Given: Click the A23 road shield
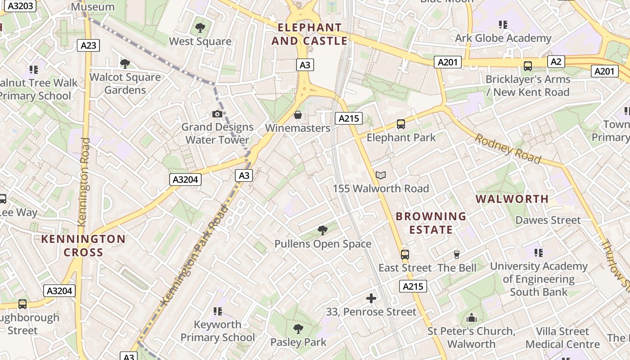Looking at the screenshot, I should point(88,45).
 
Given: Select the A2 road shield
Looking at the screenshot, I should point(556,62).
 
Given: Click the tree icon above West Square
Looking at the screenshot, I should point(200,28).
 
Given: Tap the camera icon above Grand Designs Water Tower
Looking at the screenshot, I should point(217,114).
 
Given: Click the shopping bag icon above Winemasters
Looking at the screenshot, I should point(297,115).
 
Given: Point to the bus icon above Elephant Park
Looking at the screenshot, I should point(400,124).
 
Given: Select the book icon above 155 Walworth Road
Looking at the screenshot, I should point(381,175).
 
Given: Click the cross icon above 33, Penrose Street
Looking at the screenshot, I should point(371,298).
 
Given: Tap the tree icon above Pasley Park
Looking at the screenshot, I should point(298,329).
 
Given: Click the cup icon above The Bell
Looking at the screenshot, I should point(457,255).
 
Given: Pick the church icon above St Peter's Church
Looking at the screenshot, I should point(472,318).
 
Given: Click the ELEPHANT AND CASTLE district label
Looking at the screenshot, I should point(310,34).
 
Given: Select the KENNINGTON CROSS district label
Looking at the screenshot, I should point(83,246).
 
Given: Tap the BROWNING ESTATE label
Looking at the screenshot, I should point(431,223).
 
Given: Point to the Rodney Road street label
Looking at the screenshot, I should point(508,148).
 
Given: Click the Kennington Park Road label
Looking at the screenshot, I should point(195,254).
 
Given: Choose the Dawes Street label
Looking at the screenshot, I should point(548,220).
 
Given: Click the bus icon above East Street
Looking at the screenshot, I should point(405,255).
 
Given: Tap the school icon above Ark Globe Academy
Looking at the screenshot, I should point(503,25).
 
